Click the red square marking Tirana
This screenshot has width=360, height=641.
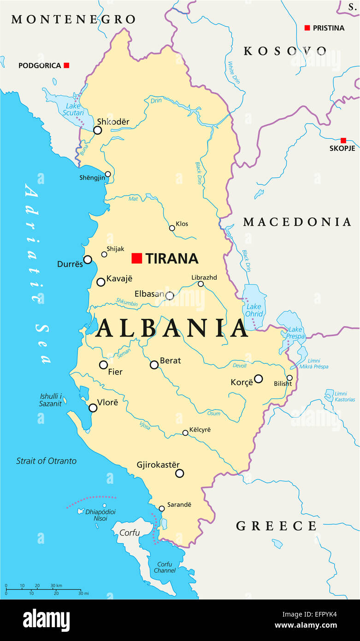click(136, 258)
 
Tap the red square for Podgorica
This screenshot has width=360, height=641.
click(66, 65)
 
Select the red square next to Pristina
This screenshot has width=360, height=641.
click(307, 28)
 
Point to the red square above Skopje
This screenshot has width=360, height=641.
click(343, 140)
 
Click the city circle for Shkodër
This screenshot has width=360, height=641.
click(97, 131)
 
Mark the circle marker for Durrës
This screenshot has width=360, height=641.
click(88, 260)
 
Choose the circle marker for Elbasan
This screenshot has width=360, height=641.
click(170, 296)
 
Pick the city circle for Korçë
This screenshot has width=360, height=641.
click(259, 379)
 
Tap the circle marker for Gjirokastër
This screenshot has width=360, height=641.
click(180, 473)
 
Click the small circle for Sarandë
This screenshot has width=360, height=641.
click(162, 509)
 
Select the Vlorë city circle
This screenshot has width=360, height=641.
click(93, 408)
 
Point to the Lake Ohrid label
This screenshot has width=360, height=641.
click(254, 310)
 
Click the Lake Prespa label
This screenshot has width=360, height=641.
click(295, 333)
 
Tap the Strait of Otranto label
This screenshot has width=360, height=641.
click(46, 461)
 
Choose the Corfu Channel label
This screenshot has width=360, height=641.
click(165, 567)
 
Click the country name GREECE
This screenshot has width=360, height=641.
click(276, 526)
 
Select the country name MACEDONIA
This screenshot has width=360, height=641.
click(297, 222)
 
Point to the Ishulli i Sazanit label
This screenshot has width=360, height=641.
click(50, 400)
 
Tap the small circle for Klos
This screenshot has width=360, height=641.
click(172, 228)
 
